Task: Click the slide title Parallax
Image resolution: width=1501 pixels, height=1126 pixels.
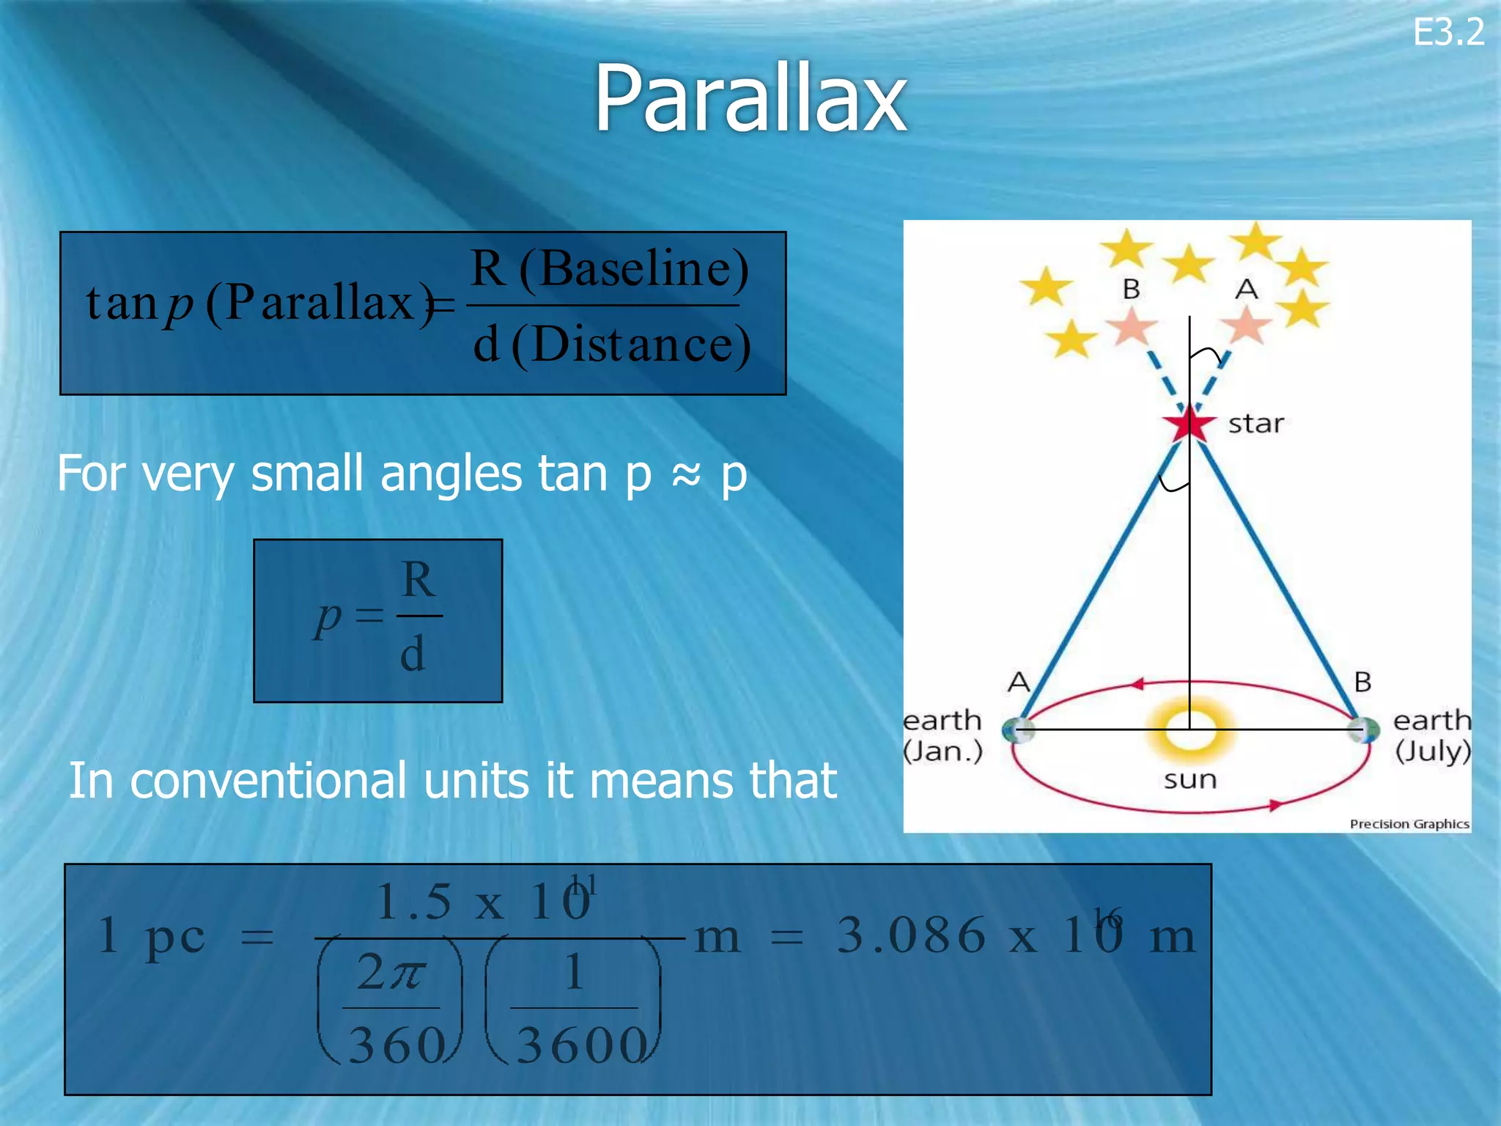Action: pos(750,99)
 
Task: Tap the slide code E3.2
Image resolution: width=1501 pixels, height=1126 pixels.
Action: pos(1448,33)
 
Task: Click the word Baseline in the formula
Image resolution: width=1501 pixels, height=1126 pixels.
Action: pos(635,268)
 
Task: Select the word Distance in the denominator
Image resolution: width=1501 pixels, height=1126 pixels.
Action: pos(631,345)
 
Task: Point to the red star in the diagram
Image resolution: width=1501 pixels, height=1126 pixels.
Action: pos(1189,424)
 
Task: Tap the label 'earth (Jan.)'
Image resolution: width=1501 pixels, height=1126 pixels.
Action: pos(943,735)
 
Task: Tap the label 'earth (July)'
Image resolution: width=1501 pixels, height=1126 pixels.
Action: pos(1432,735)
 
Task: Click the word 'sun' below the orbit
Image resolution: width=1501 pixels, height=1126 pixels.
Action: pos(1190,779)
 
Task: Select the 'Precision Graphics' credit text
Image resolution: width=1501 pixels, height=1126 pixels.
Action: pos(1409,824)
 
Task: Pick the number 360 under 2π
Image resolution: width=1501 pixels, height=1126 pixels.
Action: pos(397,1045)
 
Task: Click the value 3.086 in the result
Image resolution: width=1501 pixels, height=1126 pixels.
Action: pos(911,936)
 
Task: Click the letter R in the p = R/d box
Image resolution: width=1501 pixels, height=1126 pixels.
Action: pos(418,580)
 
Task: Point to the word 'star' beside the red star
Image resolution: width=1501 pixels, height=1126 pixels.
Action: pos(1255,424)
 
